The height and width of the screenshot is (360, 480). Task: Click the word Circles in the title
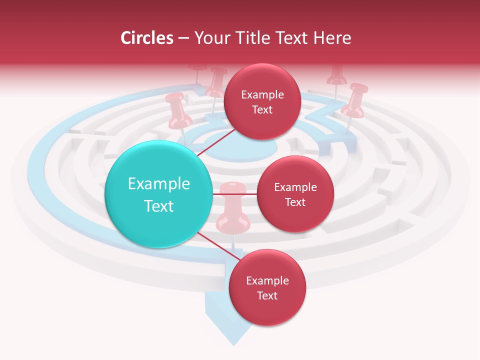coord(147,38)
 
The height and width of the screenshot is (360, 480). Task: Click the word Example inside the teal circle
coord(159,184)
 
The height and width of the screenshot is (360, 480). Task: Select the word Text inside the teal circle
coord(159,206)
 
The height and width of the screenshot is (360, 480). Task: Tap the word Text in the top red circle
coord(262,110)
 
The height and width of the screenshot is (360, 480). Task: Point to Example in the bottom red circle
coord(267,280)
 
